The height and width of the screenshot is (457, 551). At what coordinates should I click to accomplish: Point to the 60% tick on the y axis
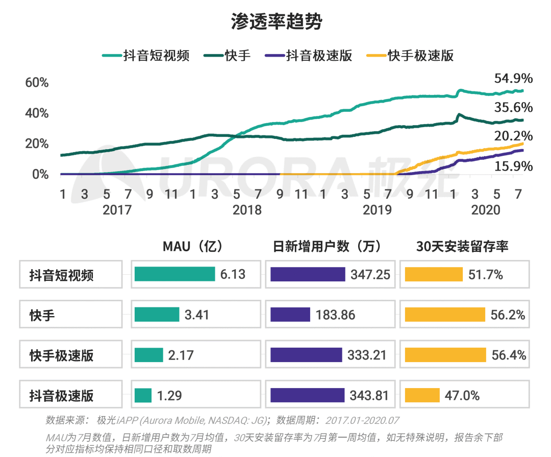37,83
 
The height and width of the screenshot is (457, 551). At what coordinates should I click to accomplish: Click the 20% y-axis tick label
37,143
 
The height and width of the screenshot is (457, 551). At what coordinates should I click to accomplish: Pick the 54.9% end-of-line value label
513,79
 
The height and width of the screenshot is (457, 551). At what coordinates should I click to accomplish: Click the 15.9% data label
513,166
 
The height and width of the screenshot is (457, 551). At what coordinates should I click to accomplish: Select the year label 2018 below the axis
247,210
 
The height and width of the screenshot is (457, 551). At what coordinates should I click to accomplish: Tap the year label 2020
486,210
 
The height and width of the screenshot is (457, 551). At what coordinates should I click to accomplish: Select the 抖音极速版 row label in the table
62,396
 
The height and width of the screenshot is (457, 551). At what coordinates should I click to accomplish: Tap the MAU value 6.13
233,274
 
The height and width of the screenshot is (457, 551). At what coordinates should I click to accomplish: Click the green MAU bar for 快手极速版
148,355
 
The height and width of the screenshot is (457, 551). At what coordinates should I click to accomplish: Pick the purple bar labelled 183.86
290,315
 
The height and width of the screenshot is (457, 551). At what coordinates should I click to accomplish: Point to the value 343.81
369,395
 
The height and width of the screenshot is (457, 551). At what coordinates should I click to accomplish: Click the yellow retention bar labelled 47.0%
422,395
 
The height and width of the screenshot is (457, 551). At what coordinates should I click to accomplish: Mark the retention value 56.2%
507,315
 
